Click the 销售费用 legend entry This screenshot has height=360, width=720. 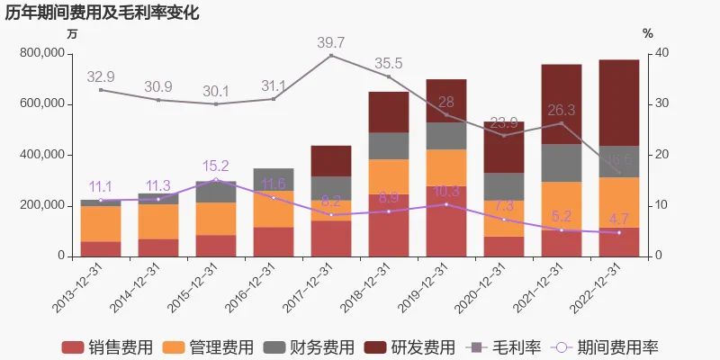[x=106, y=347]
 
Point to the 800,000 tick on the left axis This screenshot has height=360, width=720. [x=41, y=53]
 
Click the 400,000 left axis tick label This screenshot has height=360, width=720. [x=41, y=155]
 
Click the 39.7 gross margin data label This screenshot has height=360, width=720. [x=331, y=42]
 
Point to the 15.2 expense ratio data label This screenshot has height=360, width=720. [x=216, y=166]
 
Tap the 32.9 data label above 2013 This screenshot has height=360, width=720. [x=101, y=76]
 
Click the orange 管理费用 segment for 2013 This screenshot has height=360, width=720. [x=101, y=223]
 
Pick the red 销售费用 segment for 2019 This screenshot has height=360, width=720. [x=445, y=220]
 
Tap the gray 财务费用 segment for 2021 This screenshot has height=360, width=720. [x=561, y=163]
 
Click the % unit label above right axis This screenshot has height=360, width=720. [x=647, y=33]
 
